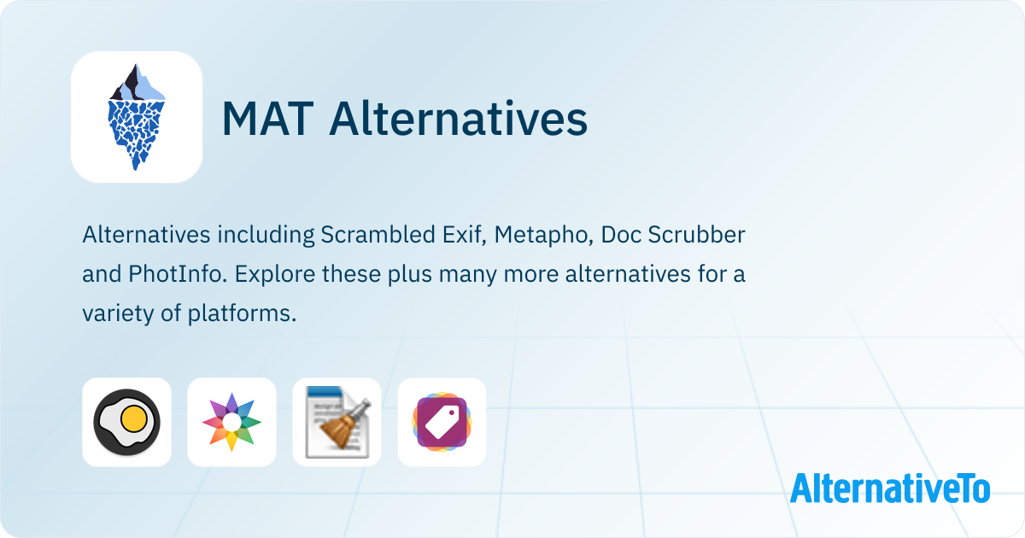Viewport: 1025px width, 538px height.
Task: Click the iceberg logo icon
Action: (x=137, y=117)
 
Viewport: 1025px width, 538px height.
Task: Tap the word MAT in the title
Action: (x=268, y=119)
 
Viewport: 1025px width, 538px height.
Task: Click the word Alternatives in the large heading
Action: (x=459, y=118)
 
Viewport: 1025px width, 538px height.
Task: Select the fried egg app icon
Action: (x=126, y=422)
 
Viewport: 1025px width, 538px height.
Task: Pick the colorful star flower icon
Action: (x=231, y=422)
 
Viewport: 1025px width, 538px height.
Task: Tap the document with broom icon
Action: (x=337, y=422)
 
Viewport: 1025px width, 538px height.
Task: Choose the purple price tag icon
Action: (x=442, y=422)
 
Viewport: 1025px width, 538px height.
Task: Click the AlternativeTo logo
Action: (x=890, y=488)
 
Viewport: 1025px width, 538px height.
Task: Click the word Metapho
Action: (x=543, y=236)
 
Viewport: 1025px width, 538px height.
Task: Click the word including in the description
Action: (x=266, y=236)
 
